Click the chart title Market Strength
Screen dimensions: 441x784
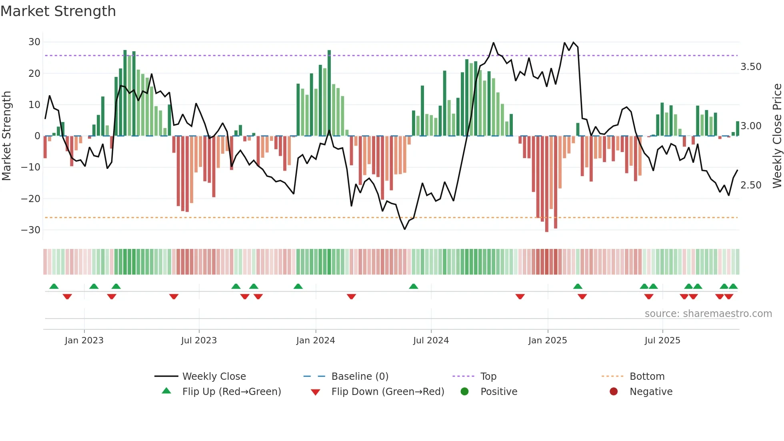pos(58,11)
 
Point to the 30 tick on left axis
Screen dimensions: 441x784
pos(34,42)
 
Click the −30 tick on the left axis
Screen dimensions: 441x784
pos(31,230)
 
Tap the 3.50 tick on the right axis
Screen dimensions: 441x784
pos(751,67)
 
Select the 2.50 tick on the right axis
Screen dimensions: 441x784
pos(751,185)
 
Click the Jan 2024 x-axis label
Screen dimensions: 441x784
pos(316,341)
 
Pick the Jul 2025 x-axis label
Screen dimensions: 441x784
pos(662,341)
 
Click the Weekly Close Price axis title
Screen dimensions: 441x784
pos(777,136)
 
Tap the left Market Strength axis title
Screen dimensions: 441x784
pos(7,136)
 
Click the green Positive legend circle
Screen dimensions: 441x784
pos(464,392)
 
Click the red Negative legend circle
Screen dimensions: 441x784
pos(614,392)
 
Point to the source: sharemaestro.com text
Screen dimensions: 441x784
pos(708,314)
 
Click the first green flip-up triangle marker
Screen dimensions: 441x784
pos(54,286)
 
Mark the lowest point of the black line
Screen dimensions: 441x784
pos(405,229)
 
